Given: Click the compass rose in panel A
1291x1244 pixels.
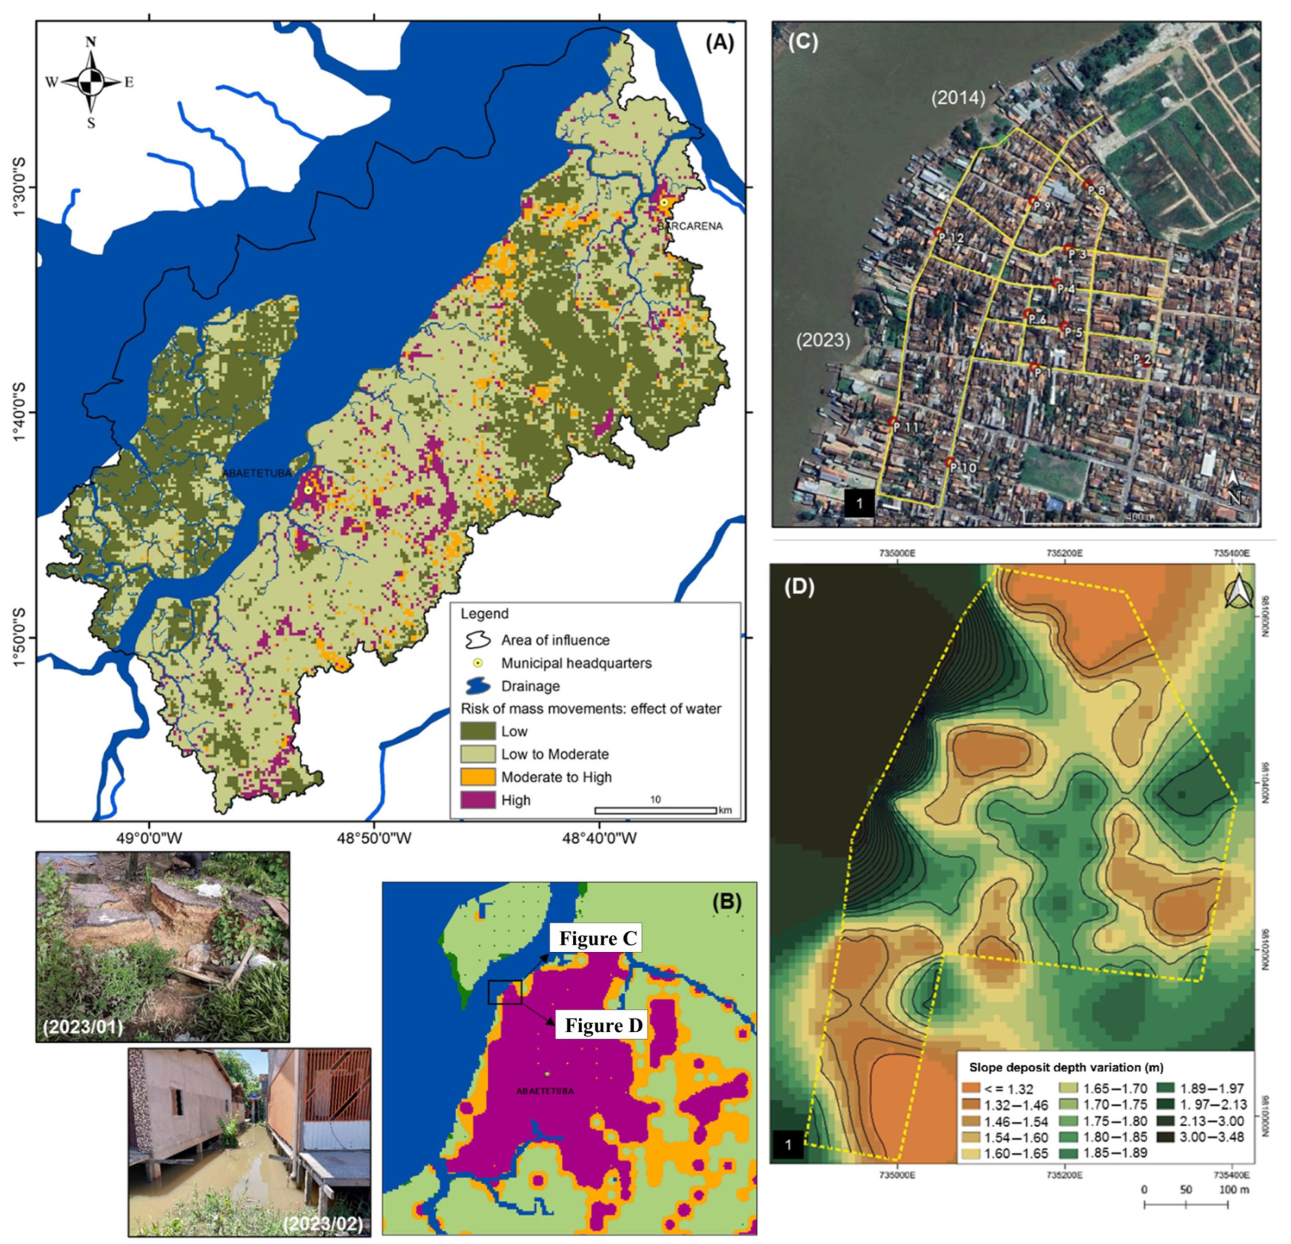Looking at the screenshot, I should [x=90, y=82].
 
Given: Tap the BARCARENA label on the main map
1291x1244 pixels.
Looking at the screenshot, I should [x=689, y=226].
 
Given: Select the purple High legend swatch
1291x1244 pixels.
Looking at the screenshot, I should [x=477, y=800].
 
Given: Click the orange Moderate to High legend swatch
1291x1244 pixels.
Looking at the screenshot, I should [x=477, y=777].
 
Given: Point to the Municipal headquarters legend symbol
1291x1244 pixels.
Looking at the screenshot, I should [x=477, y=663].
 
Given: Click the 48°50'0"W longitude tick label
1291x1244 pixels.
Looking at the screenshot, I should [x=374, y=839].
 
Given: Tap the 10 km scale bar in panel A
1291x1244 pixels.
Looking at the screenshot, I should [x=655, y=810].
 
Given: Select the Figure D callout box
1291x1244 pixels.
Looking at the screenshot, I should [x=603, y=1025].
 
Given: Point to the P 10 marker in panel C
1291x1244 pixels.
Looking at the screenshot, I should [x=950, y=463].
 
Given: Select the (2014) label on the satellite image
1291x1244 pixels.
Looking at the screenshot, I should [x=958, y=99].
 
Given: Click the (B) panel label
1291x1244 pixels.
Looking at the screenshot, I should [x=727, y=902].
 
